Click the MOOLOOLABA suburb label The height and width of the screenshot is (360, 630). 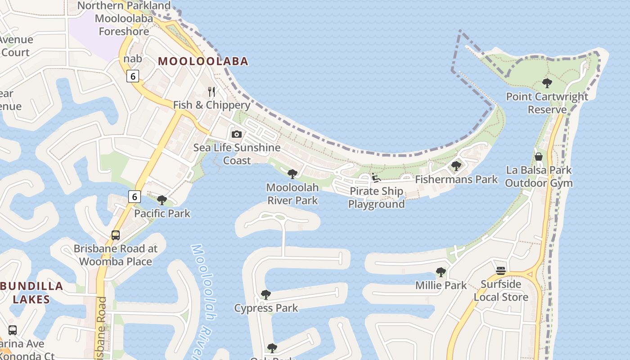203,61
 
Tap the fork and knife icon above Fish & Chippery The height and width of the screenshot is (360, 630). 211,92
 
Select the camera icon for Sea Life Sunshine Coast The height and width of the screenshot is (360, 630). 236,134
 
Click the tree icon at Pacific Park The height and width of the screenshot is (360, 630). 162,200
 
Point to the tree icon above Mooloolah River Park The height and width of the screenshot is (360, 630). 292,174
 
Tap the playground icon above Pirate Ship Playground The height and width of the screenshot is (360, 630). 376,178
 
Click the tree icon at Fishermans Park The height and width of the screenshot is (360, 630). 456,166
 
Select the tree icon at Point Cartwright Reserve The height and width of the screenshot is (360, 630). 547,83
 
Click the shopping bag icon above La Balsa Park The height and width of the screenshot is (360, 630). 538,157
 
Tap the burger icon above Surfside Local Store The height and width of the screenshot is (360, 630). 501,271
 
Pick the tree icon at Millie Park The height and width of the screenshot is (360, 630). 441,272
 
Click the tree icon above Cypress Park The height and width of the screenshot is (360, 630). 266,295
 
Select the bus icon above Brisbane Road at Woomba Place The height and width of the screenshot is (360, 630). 116,235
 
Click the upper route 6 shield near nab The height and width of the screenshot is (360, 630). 132,76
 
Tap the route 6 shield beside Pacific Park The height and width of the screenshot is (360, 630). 134,197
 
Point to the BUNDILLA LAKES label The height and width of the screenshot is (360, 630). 31,292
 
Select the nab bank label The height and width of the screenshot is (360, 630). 133,59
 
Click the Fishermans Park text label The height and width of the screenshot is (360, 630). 456,180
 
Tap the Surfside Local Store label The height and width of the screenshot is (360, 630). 501,291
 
